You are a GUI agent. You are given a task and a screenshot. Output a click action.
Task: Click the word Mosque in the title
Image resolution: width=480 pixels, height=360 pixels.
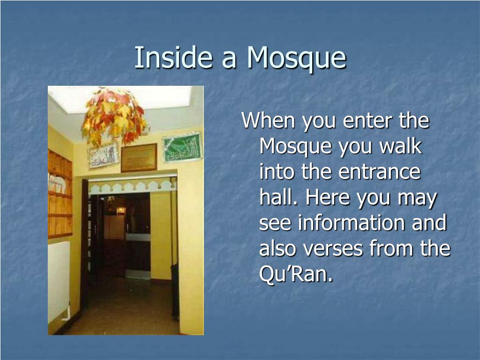pos(296,59)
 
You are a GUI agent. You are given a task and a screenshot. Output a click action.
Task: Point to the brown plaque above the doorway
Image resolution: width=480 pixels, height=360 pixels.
pos(139,157)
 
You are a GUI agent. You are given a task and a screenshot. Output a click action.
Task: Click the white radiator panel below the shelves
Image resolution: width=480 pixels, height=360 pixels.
pos(59,281)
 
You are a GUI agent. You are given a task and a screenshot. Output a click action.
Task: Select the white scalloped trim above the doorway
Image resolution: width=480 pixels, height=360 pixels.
pos(132,186)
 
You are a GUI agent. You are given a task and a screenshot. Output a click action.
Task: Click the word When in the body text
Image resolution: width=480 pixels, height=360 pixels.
pos(268,121)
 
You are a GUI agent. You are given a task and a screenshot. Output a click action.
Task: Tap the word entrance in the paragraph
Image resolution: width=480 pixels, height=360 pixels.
pos(379,172)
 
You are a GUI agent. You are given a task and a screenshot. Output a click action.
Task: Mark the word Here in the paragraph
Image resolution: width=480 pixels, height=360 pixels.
pos(329,198)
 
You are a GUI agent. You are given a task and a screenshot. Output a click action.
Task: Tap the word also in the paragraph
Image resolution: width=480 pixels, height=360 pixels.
pos(278,248)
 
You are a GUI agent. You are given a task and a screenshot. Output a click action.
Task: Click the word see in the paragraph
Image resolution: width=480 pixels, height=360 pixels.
pos(276,223)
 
